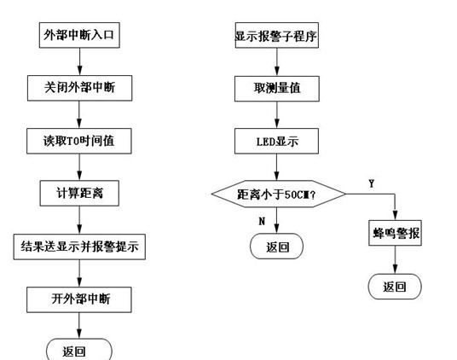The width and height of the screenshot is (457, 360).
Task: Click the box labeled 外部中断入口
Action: point(79,35)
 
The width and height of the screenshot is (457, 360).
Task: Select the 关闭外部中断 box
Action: point(79,88)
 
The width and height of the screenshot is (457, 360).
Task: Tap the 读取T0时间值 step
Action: point(79,141)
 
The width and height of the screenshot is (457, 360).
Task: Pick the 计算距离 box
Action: point(79,194)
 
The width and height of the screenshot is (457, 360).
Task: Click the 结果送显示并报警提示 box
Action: point(79,247)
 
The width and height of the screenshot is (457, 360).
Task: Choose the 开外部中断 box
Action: point(79,299)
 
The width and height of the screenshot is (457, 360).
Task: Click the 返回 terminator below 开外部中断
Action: point(79,350)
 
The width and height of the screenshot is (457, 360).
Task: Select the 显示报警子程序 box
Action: point(276,35)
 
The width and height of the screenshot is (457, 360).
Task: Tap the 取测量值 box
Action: point(277,89)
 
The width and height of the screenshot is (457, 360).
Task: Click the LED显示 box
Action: point(276,141)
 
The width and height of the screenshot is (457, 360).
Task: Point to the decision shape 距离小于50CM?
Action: point(278,194)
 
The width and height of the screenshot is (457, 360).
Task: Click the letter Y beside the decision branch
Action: point(372,183)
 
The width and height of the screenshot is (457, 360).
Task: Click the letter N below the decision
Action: point(262,221)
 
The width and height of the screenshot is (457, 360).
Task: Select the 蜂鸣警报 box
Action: point(395,233)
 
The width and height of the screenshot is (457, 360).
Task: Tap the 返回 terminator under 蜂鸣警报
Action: point(395,287)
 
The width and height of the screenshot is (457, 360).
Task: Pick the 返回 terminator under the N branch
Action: point(276,247)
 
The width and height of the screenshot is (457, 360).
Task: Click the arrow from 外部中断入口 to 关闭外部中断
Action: point(79,61)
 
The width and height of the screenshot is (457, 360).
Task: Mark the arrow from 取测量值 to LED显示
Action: point(277,115)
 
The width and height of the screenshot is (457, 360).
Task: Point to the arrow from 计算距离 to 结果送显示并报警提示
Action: point(79,220)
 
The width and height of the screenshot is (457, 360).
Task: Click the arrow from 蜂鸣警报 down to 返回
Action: point(395,259)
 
